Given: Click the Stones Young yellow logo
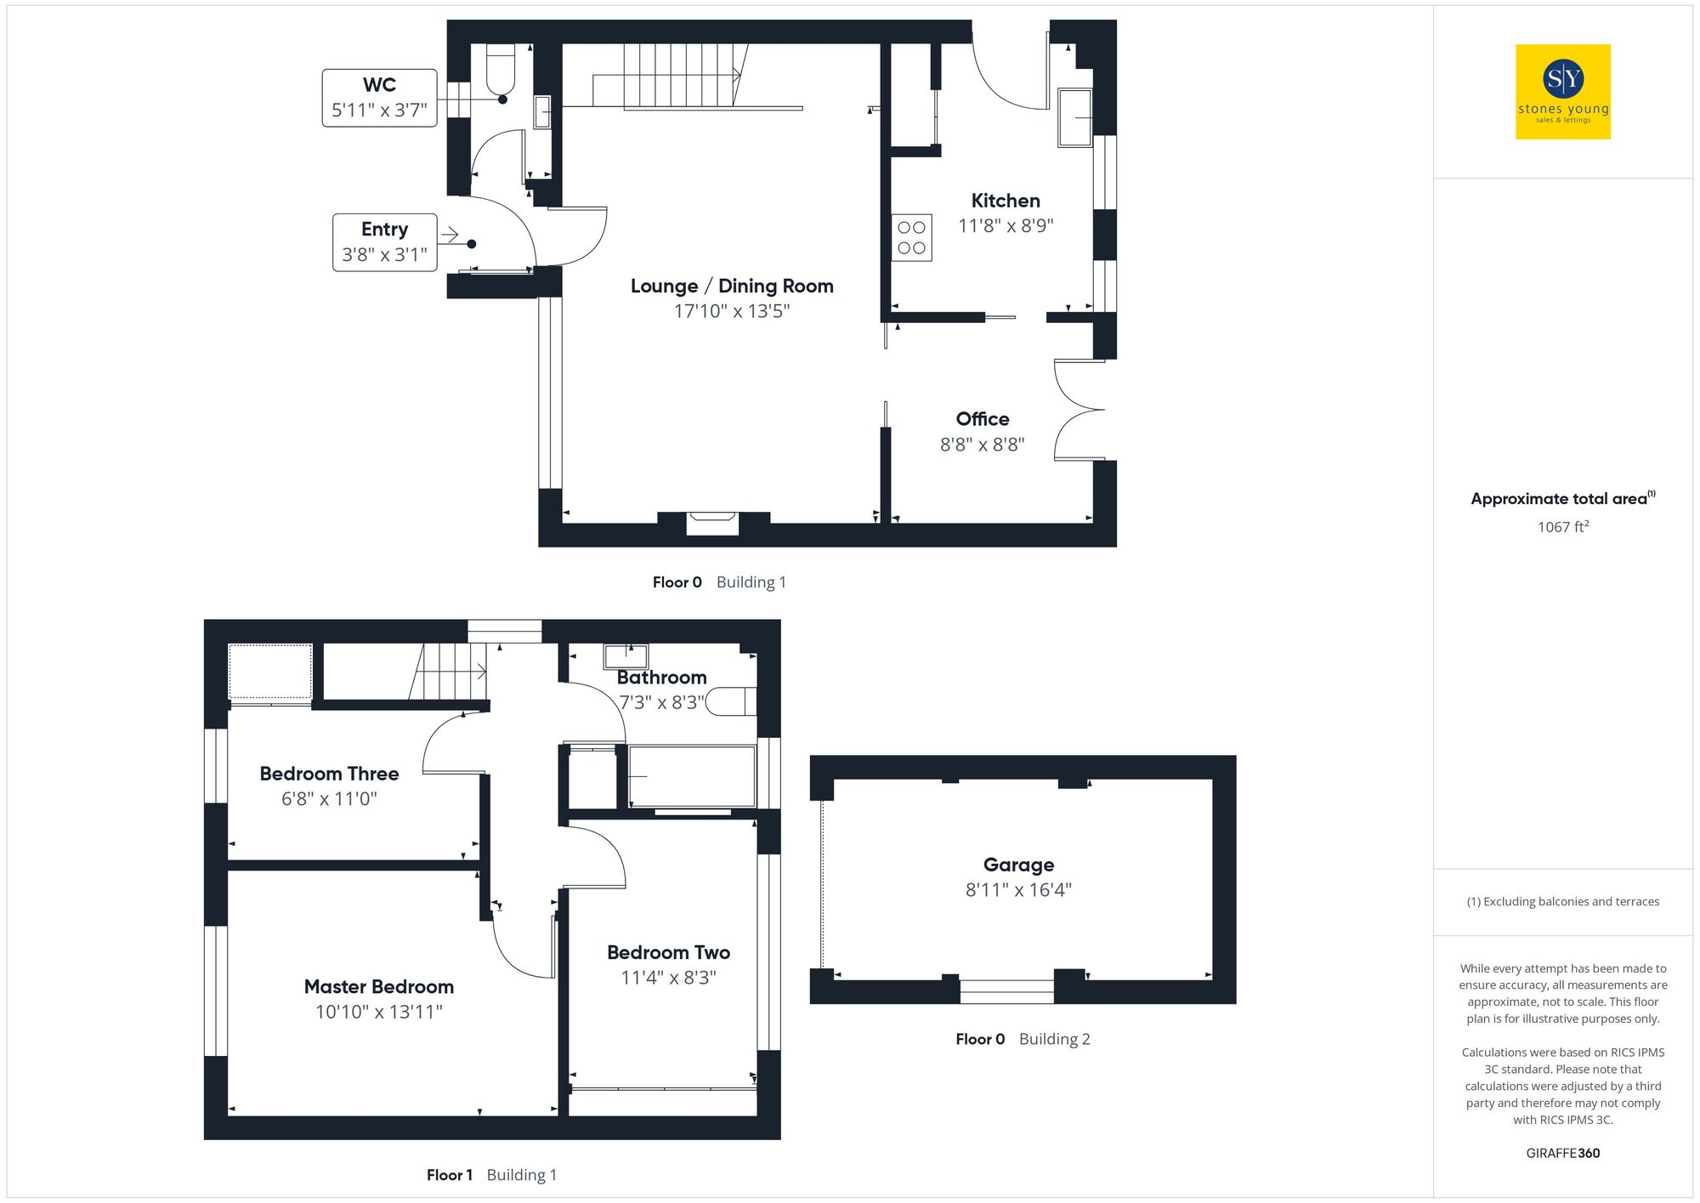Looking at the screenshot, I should pos(1562,92).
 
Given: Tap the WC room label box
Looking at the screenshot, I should pos(379,98).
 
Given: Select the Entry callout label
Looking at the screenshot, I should pos(384,242).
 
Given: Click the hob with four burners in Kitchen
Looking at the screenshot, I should pos(911,238).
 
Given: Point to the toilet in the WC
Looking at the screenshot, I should pos(501,71).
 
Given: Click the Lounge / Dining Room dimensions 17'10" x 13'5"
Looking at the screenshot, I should pos(732,311).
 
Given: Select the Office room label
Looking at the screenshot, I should pos(982,419).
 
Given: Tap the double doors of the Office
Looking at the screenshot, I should pos(1078,411).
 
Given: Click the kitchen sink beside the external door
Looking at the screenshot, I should pos(1074,117).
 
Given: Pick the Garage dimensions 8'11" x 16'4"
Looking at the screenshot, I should pos(1017,890).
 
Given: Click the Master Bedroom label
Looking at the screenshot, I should pos(379,987).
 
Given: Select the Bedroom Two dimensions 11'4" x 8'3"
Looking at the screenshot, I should pos(668,978).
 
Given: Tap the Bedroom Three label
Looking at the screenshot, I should pos(329,774).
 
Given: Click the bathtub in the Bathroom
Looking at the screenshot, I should pos(692,776).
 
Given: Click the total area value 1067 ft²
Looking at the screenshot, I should pos(1562,527).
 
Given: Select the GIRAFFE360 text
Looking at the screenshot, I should pos(1562,1154).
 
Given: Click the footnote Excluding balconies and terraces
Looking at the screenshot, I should pos(1562,902).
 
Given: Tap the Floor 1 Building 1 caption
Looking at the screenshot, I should pos(491,1175).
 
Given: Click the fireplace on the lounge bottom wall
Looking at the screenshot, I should pos(712,524).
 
